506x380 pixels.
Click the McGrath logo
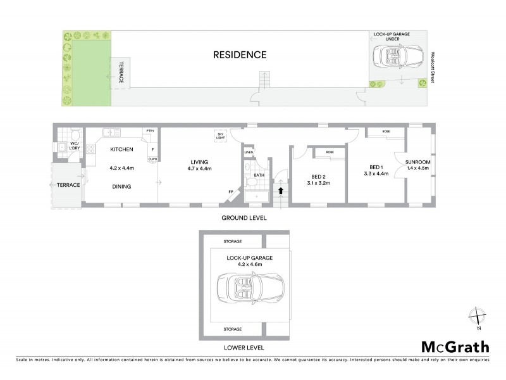[x=455, y=346]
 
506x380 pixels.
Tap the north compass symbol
[x=479, y=316]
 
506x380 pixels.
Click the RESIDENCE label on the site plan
[x=239, y=54]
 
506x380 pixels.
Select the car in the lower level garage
[x=245, y=289]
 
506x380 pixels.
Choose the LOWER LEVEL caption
[x=244, y=348]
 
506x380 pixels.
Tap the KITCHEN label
[x=121, y=149]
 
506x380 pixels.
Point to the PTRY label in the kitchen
[x=150, y=131]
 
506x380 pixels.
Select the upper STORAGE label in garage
[x=232, y=241]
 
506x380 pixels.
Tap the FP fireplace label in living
[x=231, y=192]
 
